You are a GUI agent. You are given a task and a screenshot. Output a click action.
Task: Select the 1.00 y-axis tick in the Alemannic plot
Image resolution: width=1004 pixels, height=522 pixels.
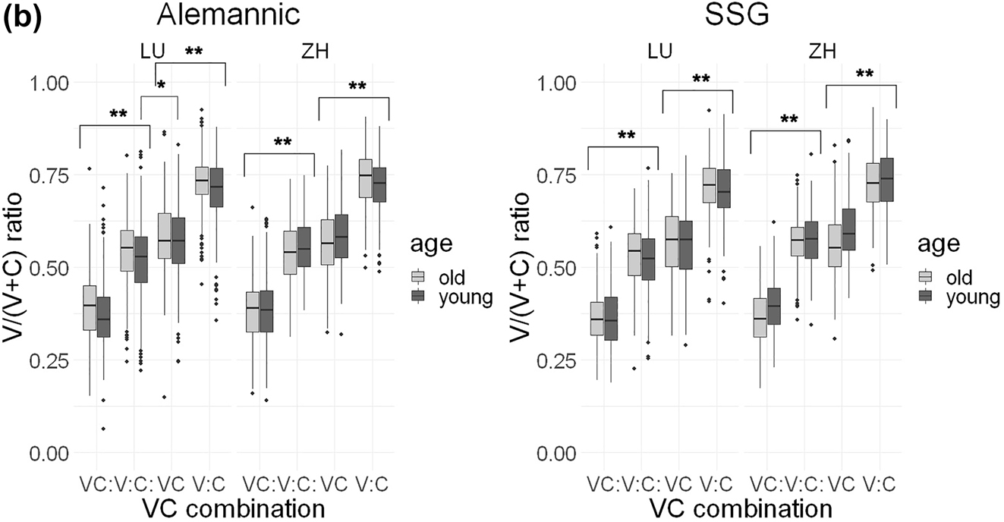click(x=50, y=82)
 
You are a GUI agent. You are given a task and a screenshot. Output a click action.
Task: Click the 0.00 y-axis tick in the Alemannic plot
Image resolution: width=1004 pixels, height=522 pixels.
click(x=50, y=453)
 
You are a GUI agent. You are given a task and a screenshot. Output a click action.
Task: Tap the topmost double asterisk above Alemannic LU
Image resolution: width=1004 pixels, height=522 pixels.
click(x=193, y=52)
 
